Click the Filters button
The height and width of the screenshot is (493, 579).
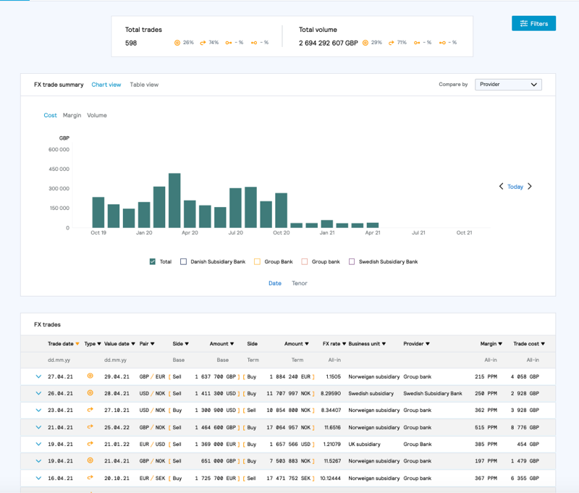(533, 24)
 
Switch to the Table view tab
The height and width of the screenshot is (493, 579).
(144, 85)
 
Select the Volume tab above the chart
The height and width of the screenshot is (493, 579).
(97, 115)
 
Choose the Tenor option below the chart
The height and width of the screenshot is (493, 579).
(300, 283)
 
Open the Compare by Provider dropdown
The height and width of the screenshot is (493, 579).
(508, 85)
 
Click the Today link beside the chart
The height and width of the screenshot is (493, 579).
(515, 187)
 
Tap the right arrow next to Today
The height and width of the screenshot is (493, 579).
(530, 187)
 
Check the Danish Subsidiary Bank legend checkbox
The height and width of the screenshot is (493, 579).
(184, 261)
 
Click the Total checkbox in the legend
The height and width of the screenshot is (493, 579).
(153, 261)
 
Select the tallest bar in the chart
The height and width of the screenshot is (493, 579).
(174, 201)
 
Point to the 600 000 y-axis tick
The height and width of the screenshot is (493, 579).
(59, 150)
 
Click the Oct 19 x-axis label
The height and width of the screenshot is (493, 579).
(98, 233)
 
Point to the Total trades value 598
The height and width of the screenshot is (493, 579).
(131, 43)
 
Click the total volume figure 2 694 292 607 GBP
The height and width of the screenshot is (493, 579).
(328, 43)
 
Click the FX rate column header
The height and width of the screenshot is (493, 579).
(334, 344)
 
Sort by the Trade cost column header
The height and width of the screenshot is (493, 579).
(528, 344)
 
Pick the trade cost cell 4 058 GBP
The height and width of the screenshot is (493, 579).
(525, 376)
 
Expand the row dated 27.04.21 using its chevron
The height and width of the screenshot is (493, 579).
(38, 376)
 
